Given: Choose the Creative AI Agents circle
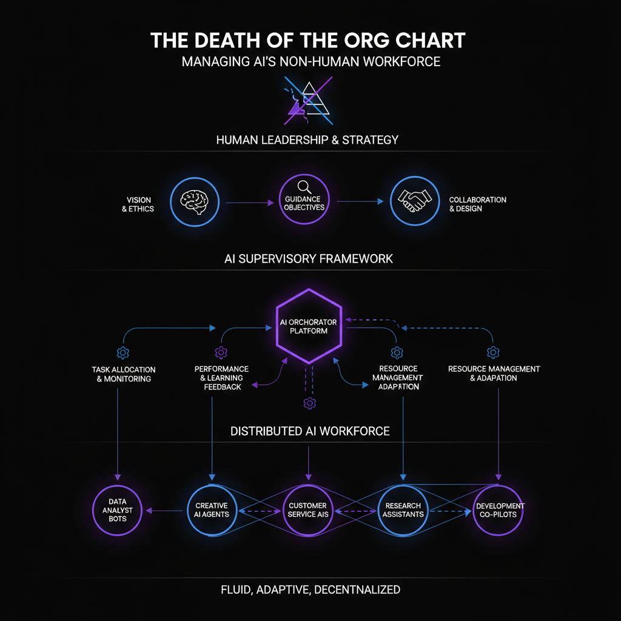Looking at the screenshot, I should tap(212, 510).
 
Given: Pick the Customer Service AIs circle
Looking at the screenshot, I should tap(307, 510).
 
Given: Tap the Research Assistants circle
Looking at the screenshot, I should tap(403, 510).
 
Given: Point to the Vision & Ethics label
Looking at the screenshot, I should tap(139, 204).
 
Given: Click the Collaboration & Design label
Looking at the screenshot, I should tap(477, 204).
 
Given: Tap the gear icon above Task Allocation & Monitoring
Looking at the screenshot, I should tap(123, 353).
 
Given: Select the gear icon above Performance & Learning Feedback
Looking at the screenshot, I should tap(221, 353).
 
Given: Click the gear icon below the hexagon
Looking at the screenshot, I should tap(309, 403).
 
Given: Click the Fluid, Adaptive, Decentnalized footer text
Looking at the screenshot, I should tap(309, 589).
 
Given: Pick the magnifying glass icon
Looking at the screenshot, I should tap(304, 189).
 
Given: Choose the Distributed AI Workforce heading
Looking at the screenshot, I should tap(310, 432).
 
